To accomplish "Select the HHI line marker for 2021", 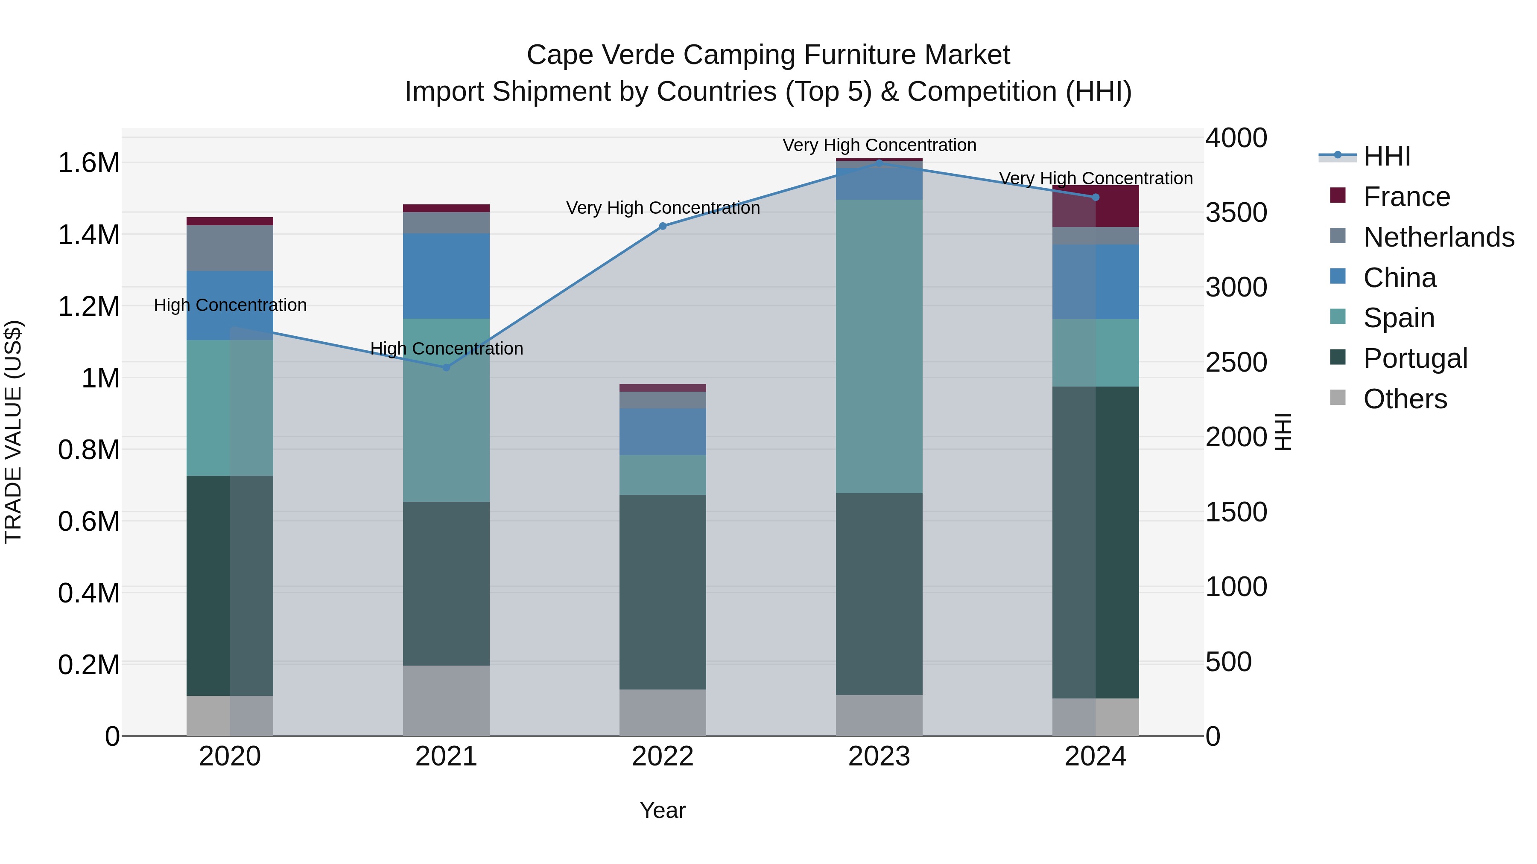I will pos(446,367).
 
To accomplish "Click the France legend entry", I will pos(1406,197).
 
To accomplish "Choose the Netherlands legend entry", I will pos(1438,237).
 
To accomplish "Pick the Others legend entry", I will pos(1405,399).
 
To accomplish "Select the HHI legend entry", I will pos(1387,156).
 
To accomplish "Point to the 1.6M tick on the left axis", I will pos(88,163).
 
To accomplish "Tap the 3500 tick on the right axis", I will pos(1236,213).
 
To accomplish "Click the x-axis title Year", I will pos(662,810).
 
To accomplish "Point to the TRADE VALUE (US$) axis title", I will pos(13,432).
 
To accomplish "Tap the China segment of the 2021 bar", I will pos(446,276).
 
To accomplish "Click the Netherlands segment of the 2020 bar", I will pos(230,248).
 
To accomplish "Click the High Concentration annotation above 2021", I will pos(446,348).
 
